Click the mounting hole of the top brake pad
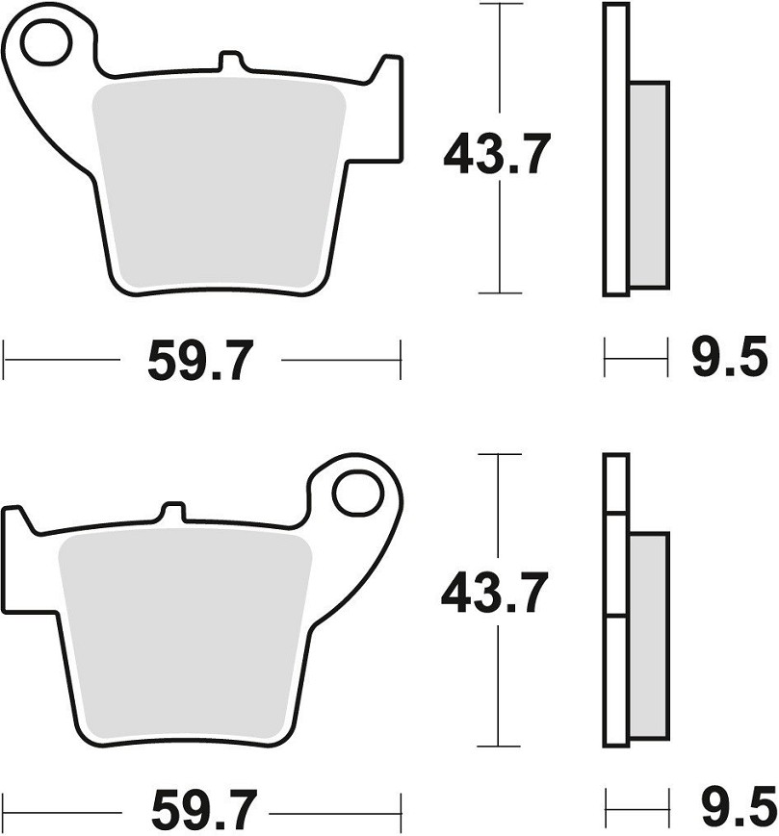46,41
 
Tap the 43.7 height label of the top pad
497,154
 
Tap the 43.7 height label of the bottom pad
495,592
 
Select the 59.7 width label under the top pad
200,361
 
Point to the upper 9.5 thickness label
730,356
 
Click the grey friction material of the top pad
219,184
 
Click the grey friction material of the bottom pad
184,637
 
